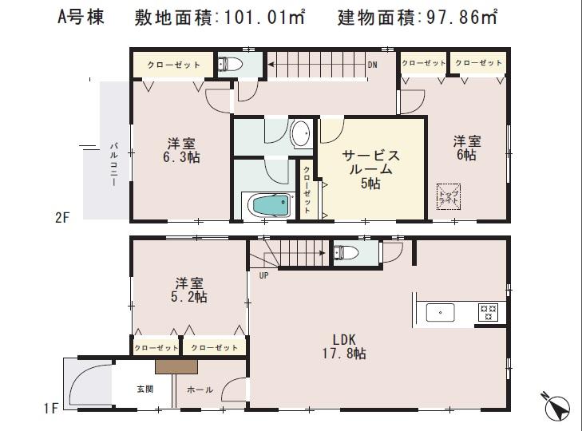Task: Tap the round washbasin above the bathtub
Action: [302, 134]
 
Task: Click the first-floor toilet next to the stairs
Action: [345, 252]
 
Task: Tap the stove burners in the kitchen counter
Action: [487, 312]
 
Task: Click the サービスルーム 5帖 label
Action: [370, 169]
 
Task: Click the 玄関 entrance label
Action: [144, 390]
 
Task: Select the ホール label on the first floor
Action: [200, 390]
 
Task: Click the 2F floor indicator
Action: [64, 215]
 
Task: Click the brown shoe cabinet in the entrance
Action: [176, 366]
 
